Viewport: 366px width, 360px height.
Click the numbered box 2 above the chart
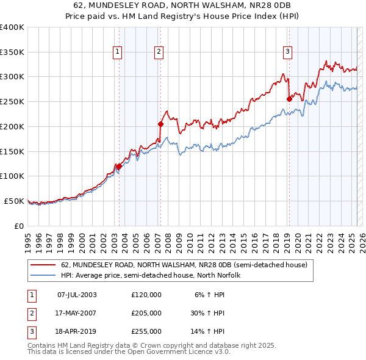point(158,52)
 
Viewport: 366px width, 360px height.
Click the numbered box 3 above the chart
point(287,52)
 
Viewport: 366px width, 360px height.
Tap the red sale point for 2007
point(160,124)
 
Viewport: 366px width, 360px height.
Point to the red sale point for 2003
point(119,166)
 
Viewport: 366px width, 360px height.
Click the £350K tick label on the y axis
point(12,52)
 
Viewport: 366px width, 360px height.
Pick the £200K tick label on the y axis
point(12,126)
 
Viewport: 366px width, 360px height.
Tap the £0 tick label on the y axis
point(19,226)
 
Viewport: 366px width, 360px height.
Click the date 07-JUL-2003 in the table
point(77,295)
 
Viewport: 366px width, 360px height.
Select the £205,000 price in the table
point(146,313)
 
